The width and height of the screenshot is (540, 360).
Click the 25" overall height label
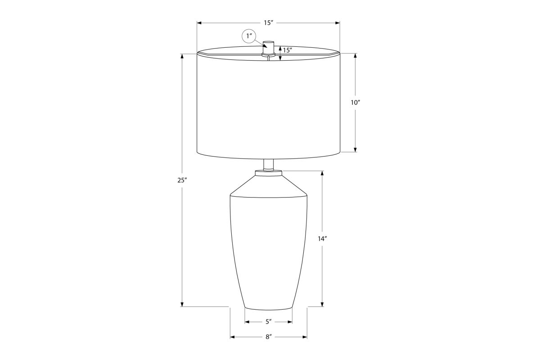point(182,180)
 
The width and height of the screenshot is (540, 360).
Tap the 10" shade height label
point(355,103)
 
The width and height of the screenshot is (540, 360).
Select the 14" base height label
point(322,238)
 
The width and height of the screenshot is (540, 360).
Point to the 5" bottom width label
point(269,322)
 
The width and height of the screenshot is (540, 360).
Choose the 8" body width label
point(269,337)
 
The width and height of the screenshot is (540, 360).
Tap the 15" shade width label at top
point(268,23)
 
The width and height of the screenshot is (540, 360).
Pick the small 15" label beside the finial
point(288,50)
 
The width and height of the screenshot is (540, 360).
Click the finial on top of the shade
point(269,48)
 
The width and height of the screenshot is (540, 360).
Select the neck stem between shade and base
point(269,165)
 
